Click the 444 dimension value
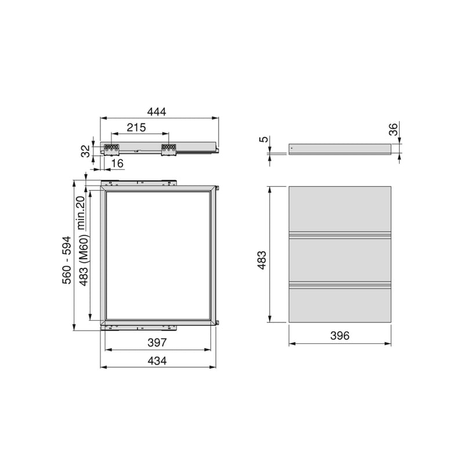point(157,112)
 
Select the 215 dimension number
point(136,127)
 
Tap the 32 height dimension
point(85,151)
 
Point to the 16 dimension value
point(117,164)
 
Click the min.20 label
point(81,212)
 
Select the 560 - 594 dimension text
point(67,259)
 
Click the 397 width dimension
point(157,343)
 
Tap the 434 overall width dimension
point(157,360)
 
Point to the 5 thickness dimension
point(263,140)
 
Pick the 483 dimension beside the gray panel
point(263,259)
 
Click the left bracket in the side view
point(111,149)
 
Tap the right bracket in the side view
point(168,149)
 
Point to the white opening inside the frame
point(157,255)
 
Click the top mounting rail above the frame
point(139,182)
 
